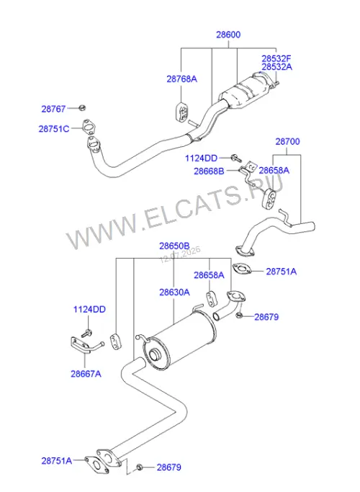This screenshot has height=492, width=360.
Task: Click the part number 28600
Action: pos(228,35)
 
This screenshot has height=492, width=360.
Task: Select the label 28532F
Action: pos(276,58)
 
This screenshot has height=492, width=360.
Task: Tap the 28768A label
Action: pos(182,79)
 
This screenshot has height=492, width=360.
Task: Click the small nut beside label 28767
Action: pos(82,107)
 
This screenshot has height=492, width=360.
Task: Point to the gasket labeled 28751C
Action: pos(89,127)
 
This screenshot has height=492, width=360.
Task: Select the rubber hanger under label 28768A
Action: pos(181,112)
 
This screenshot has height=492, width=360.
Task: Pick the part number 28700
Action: pos(287,141)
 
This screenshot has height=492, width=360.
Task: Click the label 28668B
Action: pos(209,171)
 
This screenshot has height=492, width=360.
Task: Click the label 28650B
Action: pos(174,246)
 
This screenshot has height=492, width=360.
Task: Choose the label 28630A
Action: pos(174,292)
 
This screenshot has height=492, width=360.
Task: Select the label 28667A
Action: pos(86,374)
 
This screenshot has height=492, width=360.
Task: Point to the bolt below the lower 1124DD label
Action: pos(87,334)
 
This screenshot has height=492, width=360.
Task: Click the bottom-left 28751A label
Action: pos(56,461)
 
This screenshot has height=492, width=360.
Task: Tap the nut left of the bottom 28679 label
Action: pos(140,468)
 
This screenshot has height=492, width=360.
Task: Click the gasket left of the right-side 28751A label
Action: pos(242,269)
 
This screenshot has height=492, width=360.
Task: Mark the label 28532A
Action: pos(277,67)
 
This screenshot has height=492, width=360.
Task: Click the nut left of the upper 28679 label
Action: pos(239,315)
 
